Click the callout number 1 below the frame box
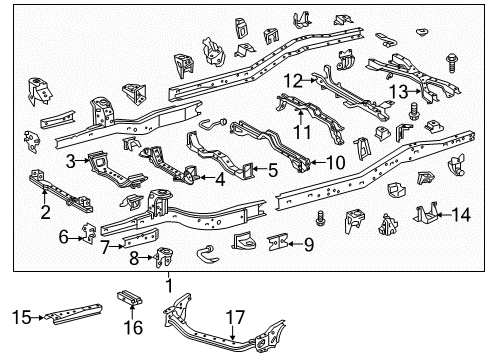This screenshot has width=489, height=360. [170, 286]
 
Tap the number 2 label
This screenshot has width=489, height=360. [45, 212]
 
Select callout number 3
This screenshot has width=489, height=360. [71, 161]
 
